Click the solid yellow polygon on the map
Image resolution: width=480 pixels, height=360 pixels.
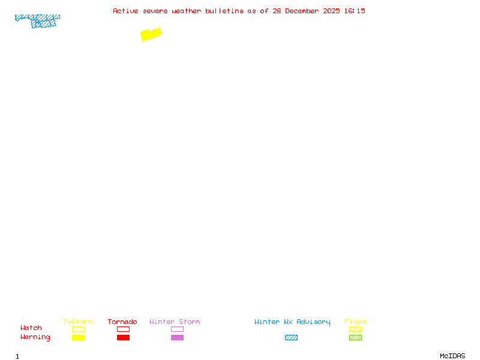point(151,34)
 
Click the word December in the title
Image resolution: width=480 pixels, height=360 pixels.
point(302,11)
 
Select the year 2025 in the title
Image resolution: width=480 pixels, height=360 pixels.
point(332,11)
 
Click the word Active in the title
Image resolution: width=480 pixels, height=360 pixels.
point(125,11)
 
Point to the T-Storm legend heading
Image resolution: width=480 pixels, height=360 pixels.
point(77,322)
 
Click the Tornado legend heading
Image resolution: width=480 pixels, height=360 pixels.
point(122,322)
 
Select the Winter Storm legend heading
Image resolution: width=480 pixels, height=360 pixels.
point(175,322)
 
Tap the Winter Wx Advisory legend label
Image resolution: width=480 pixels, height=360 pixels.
point(292,322)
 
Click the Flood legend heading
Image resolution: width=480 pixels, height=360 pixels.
point(355,322)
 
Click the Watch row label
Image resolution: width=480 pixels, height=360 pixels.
point(31,328)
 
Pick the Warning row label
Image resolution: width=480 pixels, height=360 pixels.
point(35,337)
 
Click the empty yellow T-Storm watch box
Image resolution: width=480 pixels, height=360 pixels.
point(79,329)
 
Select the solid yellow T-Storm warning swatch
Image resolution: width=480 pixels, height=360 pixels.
point(79,337)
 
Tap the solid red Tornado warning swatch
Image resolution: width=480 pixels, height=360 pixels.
point(124,337)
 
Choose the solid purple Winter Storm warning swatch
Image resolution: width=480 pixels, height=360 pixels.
point(177,337)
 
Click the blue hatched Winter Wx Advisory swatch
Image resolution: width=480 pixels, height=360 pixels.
point(291,337)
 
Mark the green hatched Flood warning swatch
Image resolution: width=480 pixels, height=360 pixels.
point(355,337)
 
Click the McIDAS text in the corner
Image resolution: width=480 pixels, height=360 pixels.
point(452,356)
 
